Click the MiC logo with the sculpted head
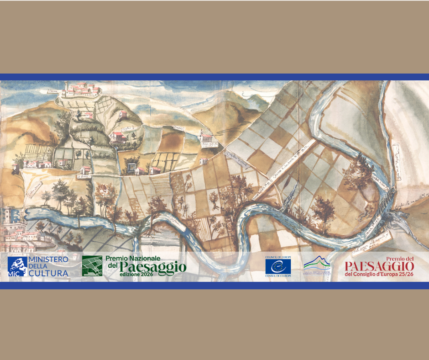click(17, 266)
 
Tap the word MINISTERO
click(48, 259)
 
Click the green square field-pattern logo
click(92, 266)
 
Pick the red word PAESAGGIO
click(379, 266)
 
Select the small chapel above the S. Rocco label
click(85, 169)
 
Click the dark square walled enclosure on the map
click(132, 168)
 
